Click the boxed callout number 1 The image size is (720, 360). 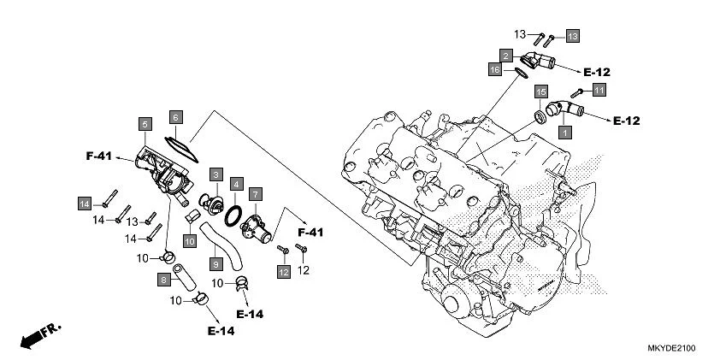coord(564,133)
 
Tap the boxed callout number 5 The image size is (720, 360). coord(145,124)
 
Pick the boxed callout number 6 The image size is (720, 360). coord(175,117)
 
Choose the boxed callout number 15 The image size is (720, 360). coord(540,91)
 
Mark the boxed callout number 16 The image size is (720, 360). coord(495,68)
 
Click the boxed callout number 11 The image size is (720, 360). coord(599,91)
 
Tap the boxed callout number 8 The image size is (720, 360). coord(163,279)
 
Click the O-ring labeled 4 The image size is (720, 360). coord(233,215)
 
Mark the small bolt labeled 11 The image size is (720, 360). coord(578,91)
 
